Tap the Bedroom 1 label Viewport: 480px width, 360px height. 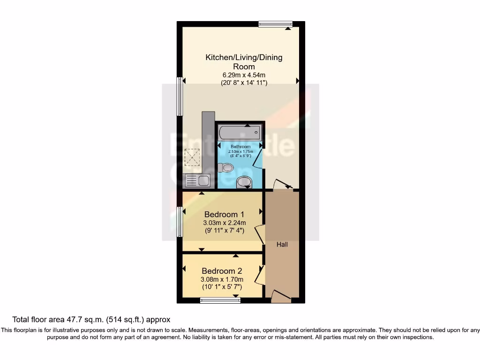point(225,215)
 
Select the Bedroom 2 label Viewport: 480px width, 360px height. point(222,271)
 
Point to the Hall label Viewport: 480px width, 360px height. point(282,245)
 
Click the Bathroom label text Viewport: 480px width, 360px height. point(240,147)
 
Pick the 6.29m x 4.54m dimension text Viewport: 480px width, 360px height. point(244,75)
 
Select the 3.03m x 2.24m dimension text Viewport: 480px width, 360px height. point(225,223)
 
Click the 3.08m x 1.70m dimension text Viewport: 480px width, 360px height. point(222,279)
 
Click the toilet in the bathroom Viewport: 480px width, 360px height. point(227,167)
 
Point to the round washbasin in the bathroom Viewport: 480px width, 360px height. point(244,182)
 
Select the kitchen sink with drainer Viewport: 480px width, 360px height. point(198,180)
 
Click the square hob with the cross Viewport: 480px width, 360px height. point(192,157)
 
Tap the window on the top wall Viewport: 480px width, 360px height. point(275,24)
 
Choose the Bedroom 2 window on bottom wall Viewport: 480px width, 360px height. point(220,300)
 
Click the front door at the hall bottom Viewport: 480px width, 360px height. point(281,296)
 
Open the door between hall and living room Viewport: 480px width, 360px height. point(283,184)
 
